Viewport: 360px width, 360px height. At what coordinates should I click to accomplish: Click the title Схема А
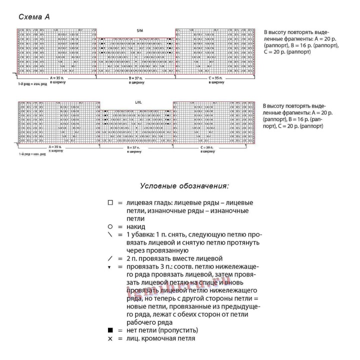(34, 17)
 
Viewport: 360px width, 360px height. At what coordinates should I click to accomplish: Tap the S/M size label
(139, 31)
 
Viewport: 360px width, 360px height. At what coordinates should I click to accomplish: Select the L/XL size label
(138, 102)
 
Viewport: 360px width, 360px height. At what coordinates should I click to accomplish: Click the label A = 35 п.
(57, 78)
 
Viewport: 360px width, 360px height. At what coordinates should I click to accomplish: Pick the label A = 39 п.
(56, 147)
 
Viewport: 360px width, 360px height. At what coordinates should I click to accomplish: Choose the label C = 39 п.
(207, 147)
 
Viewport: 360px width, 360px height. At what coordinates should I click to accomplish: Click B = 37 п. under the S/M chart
(136, 78)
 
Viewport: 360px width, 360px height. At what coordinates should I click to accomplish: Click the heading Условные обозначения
(184, 186)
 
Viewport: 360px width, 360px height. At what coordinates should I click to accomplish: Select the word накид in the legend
(136, 226)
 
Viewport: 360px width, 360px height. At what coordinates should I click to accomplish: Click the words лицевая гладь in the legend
(148, 203)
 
